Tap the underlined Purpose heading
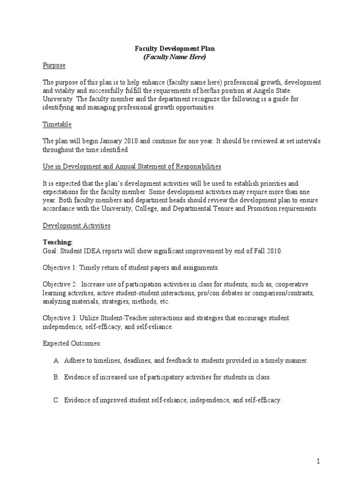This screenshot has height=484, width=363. click(x=54, y=65)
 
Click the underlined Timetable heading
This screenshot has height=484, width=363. click(x=57, y=124)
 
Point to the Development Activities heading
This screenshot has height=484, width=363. click(x=77, y=225)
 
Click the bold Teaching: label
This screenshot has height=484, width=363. click(x=58, y=242)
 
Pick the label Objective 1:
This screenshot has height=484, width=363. click(x=60, y=268)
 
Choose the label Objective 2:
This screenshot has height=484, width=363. click(x=60, y=285)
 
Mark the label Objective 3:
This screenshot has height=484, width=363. click(x=60, y=318)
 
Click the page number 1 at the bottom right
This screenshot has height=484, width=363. click(x=320, y=461)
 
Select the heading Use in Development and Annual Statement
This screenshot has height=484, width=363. click(x=132, y=166)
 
